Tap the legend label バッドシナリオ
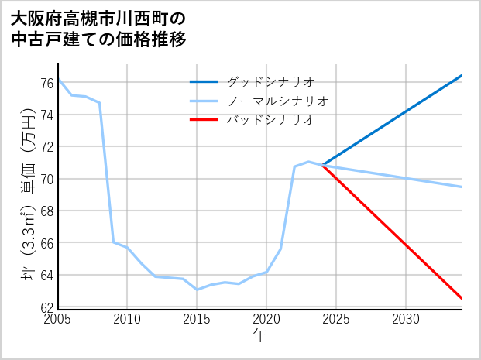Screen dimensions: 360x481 tap(270, 120)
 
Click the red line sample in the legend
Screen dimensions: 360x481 tap(204, 120)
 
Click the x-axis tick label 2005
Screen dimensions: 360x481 tap(58, 319)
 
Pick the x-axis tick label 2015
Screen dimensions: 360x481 tap(197, 319)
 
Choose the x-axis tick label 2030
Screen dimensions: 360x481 tap(406, 319)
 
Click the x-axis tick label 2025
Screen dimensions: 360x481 tap(336, 319)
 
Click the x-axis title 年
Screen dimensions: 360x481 tap(259, 335)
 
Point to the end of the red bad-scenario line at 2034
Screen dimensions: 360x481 tap(461, 298)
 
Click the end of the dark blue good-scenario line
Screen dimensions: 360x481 tap(461, 76)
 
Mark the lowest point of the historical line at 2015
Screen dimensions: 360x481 tap(197, 290)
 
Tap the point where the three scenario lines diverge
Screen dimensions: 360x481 tap(322, 165)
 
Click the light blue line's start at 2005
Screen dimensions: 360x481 tap(59, 79)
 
